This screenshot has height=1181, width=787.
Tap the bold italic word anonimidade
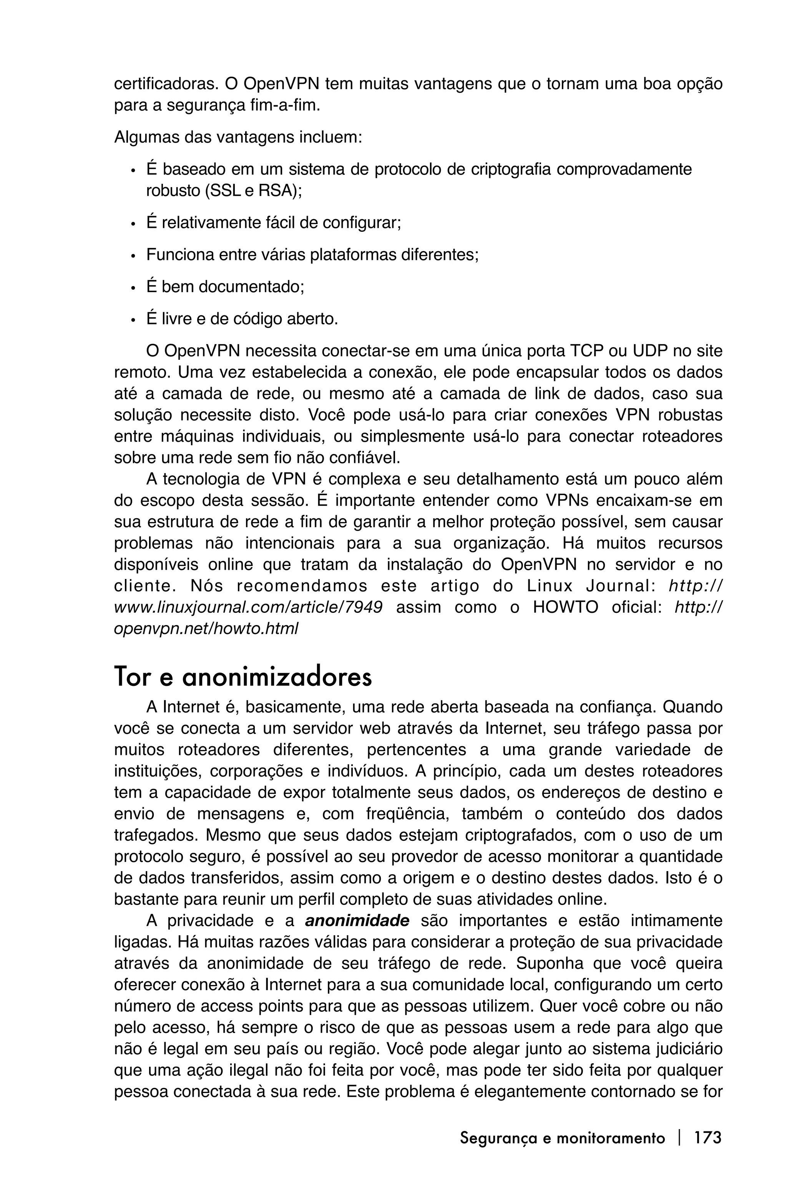357,921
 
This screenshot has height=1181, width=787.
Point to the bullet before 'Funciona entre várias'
133,256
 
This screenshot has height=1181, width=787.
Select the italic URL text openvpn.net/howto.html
206,628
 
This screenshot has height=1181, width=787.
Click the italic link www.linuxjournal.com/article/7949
248,607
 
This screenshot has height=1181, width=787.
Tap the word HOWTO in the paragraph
565,607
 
